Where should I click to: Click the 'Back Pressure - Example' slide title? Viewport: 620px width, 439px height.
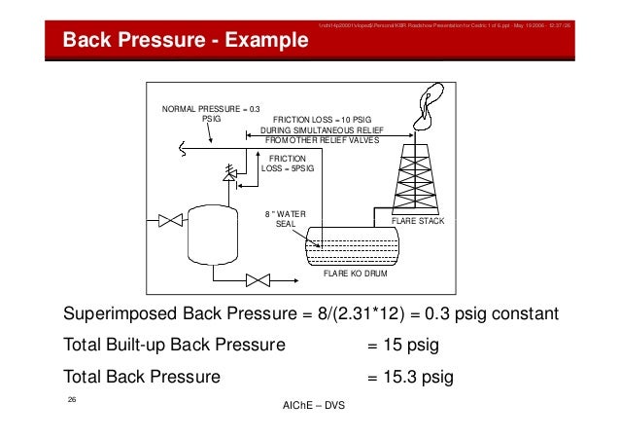[185, 41]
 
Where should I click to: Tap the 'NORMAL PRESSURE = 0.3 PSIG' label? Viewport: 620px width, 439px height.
[211, 114]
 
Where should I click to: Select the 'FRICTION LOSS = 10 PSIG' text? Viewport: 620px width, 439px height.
[326, 119]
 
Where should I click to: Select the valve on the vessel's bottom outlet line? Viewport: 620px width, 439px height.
[258, 281]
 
